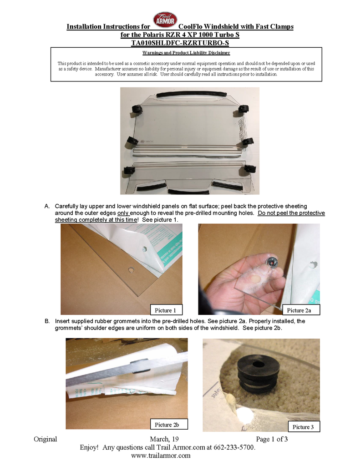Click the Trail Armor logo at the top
pyautogui.click(x=165, y=20)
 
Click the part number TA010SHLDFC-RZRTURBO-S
pyautogui.click(x=180, y=43)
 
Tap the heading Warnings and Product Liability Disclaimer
pyautogui.click(x=186, y=53)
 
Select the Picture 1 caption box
pyautogui.click(x=166, y=310)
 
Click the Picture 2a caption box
pyautogui.click(x=301, y=310)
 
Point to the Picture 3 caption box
pyautogui.click(x=303, y=427)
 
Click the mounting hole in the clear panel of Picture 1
pyautogui.click(x=131, y=270)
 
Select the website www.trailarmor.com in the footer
pyautogui.click(x=161, y=455)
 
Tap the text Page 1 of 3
pyautogui.click(x=272, y=439)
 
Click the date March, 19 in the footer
pyautogui.click(x=164, y=439)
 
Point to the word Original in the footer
pyautogui.click(x=45, y=439)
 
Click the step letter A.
pyautogui.click(x=47, y=206)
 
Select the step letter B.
pyautogui.click(x=47, y=321)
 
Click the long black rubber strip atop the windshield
pyautogui.click(x=192, y=94)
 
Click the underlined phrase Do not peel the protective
pyautogui.click(x=291, y=213)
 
